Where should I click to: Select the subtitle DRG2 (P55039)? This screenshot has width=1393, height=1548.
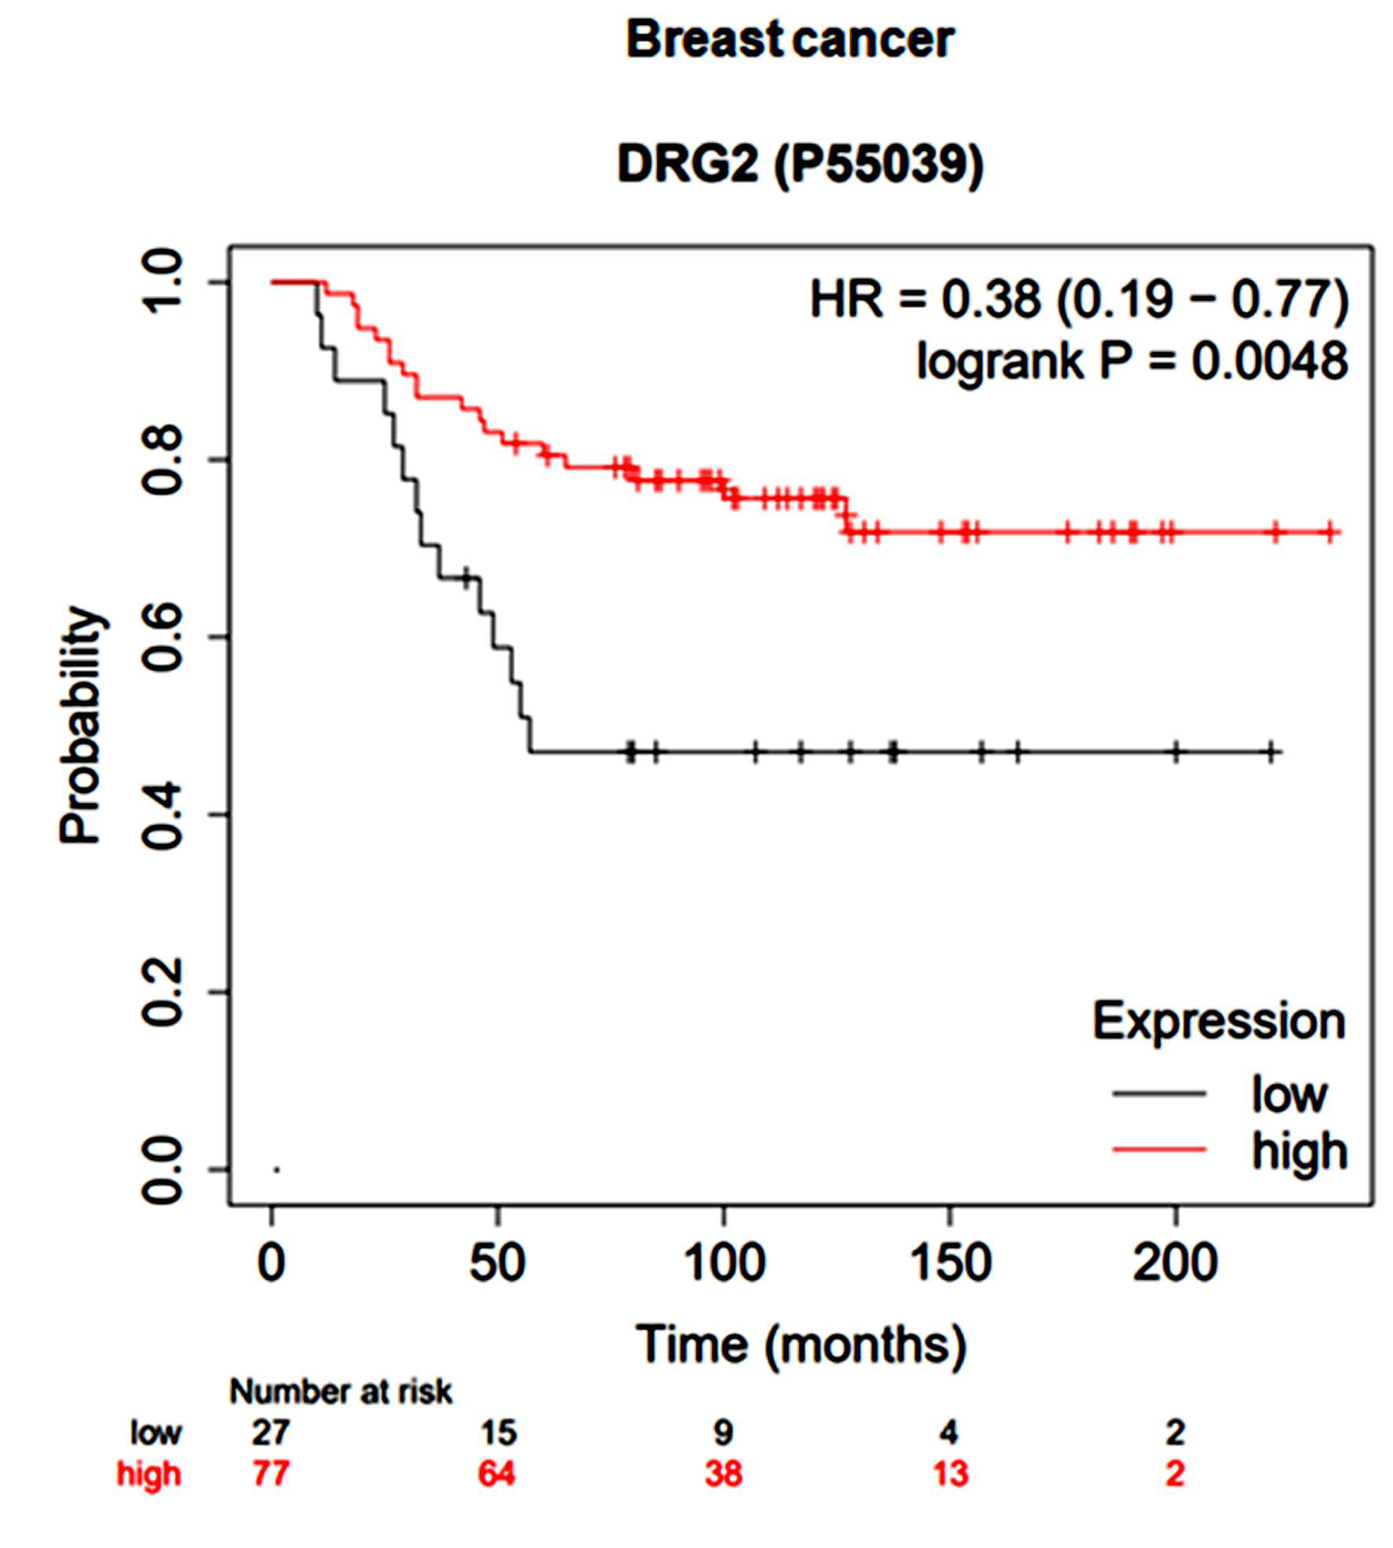(x=800, y=165)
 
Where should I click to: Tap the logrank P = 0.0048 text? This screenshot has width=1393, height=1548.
(x=1132, y=361)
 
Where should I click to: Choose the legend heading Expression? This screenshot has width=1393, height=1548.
(x=1218, y=1022)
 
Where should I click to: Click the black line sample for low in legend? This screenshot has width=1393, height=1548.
(x=1159, y=1093)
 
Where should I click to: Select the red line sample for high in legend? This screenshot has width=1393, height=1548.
(x=1159, y=1150)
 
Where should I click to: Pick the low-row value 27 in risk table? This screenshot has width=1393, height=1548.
(x=270, y=1455)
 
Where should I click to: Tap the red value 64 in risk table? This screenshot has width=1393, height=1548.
(x=497, y=1496)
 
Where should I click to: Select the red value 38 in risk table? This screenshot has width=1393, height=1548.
(x=723, y=1496)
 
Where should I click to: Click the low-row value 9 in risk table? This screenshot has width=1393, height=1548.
(x=723, y=1455)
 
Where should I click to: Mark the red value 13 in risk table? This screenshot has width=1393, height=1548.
(x=950, y=1496)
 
